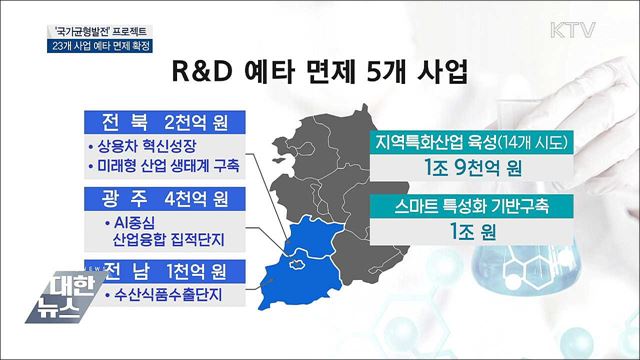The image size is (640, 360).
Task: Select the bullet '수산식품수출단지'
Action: [165, 296]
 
